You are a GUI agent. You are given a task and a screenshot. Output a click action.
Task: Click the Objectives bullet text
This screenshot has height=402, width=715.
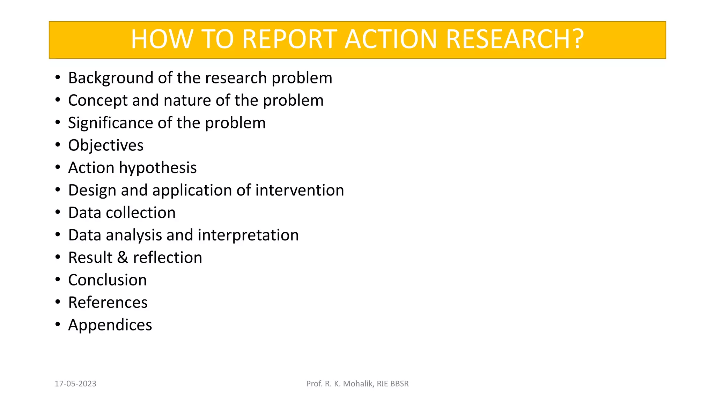pyautogui.click(x=106, y=146)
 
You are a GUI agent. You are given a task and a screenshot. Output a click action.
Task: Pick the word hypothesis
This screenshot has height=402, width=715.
pyautogui.click(x=158, y=168)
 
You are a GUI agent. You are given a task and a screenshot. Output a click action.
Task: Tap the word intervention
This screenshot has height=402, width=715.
pyautogui.click(x=300, y=190)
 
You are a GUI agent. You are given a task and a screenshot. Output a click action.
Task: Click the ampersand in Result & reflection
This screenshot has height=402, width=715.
pyautogui.click(x=123, y=258)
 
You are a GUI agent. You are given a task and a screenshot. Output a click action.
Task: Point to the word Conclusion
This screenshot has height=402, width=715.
pyautogui.click(x=108, y=280)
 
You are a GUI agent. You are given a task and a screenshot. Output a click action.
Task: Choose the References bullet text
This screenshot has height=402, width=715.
pyautogui.click(x=108, y=303)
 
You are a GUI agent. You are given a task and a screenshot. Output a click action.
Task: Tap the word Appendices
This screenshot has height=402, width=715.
pyautogui.click(x=110, y=325)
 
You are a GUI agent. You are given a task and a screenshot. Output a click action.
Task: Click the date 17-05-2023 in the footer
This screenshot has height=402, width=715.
pyautogui.click(x=75, y=384)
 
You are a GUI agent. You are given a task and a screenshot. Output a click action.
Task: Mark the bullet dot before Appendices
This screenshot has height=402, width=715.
pyautogui.click(x=58, y=324)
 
